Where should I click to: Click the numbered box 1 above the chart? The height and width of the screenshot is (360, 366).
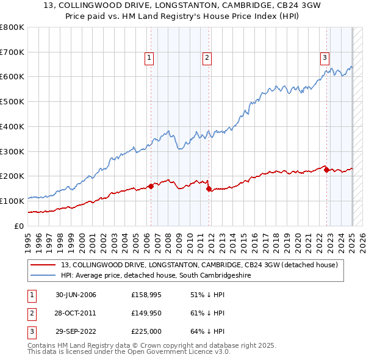pos(149,58)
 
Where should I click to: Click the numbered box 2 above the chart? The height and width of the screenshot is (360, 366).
pos(207,58)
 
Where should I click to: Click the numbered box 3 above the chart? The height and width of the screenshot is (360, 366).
pos(325,58)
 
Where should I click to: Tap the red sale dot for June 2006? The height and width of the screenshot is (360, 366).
pos(151,186)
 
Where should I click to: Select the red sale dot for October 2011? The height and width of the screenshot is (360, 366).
pos(209,189)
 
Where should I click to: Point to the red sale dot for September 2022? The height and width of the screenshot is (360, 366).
pos(326,170)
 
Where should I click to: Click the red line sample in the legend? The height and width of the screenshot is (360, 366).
pos(43,265)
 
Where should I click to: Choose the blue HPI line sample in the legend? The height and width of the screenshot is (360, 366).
pos(43,276)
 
